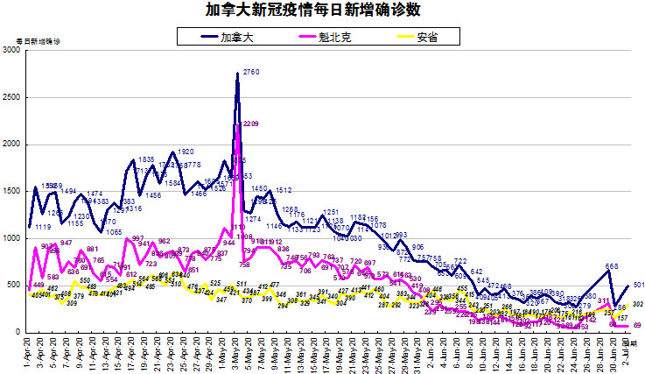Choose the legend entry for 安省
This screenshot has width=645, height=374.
pos(427,36)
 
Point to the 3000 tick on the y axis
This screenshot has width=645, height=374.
pos(11,51)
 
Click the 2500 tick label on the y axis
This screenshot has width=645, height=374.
pos(11,98)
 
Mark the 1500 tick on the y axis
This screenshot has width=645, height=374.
pos(11,192)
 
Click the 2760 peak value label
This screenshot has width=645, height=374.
pos(251,72)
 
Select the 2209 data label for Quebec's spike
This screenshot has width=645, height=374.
pos(250,124)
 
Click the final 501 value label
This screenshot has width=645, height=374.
pos(639,285)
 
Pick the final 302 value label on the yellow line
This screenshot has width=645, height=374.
pos(639,304)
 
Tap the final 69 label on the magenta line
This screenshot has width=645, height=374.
pos(637,325)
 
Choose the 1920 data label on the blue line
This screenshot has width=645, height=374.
pos(185,152)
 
